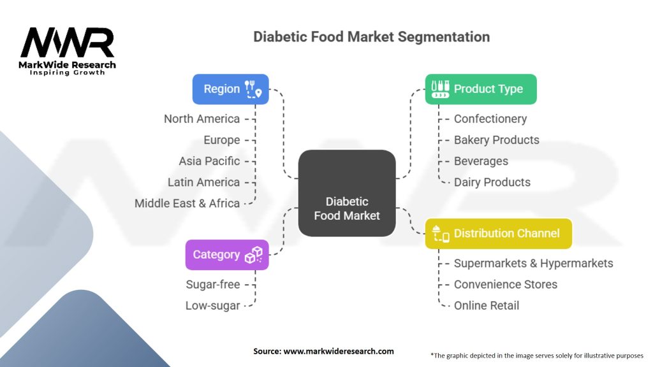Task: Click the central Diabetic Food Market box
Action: pyautogui.click(x=347, y=193)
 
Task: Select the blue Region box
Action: pyautogui.click(x=230, y=89)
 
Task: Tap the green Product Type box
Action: pyautogui.click(x=481, y=89)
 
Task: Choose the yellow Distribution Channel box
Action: pyautogui.click(x=499, y=234)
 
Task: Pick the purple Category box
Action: pyautogui.click(x=227, y=255)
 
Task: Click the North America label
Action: pyautogui.click(x=202, y=119)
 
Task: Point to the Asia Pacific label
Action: pyautogui.click(x=209, y=161)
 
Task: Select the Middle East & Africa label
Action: pyautogui.click(x=187, y=203)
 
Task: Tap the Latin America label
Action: pyautogui.click(x=203, y=182)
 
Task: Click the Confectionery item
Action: pyautogui.click(x=490, y=119)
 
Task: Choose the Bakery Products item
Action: pyautogui.click(x=496, y=140)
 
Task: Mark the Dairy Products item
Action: pyautogui.click(x=492, y=182)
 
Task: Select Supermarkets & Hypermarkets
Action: pyautogui.click(x=533, y=263)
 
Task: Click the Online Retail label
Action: pyautogui.click(x=486, y=305)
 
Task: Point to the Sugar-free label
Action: pyautogui.click(x=213, y=284)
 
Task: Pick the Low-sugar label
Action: pyautogui.click(x=213, y=306)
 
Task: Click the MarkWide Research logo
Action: pyautogui.click(x=68, y=52)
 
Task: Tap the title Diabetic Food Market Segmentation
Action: pyautogui.click(x=371, y=36)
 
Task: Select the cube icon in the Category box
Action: pyautogui.click(x=254, y=255)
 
